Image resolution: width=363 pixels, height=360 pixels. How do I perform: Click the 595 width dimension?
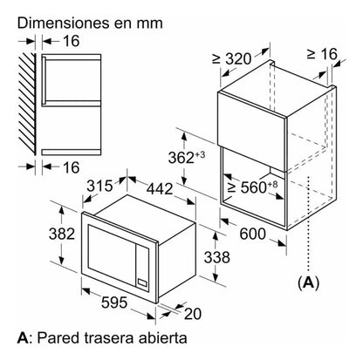(114, 302)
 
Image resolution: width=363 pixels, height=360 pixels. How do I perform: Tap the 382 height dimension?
(62, 234)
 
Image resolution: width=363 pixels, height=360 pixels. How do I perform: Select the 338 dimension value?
(216, 257)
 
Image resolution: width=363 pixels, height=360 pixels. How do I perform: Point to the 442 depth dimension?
(160, 189)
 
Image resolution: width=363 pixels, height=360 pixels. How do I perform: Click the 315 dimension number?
(99, 186)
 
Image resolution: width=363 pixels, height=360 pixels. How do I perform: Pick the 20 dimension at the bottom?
(193, 314)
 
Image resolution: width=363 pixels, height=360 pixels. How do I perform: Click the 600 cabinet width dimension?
(252, 234)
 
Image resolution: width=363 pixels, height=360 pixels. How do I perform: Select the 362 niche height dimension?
(187, 158)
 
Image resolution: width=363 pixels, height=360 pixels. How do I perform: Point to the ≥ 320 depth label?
(231, 58)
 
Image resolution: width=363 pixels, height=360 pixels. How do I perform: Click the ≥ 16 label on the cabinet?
(322, 54)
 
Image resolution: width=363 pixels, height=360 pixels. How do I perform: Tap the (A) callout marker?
(308, 282)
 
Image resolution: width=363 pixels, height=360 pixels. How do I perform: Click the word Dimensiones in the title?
(64, 24)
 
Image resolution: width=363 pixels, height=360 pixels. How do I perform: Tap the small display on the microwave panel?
(142, 282)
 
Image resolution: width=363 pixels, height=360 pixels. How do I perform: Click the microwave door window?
(111, 252)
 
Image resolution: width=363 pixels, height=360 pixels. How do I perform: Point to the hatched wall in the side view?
(28, 104)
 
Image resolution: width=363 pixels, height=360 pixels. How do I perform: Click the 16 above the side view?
(71, 41)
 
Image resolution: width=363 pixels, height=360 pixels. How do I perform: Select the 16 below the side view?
(71, 167)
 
